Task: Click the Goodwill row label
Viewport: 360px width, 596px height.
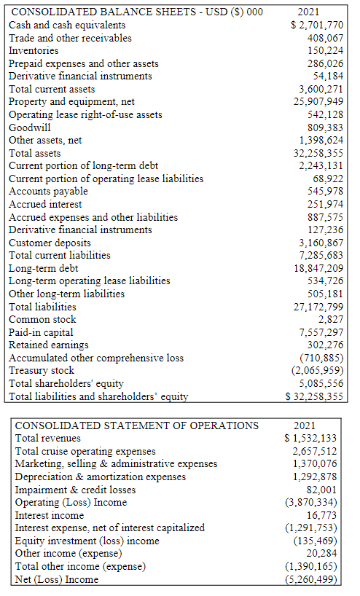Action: pyautogui.click(x=30, y=128)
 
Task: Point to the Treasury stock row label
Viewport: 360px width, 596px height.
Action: pyautogui.click(x=42, y=370)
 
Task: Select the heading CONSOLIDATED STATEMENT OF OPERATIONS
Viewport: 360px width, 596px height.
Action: pyautogui.click(x=137, y=425)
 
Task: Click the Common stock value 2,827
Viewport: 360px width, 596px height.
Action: pyautogui.click(x=331, y=319)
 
